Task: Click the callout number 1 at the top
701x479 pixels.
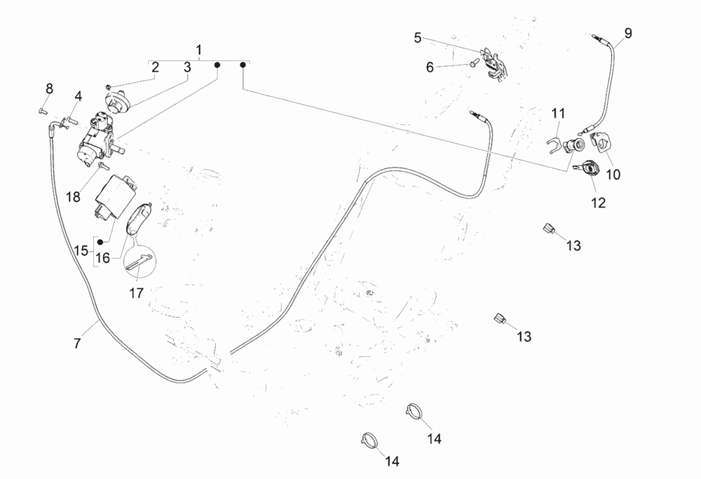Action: coord(199,50)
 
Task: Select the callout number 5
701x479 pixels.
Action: coord(418,38)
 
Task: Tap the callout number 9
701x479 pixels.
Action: coord(627,33)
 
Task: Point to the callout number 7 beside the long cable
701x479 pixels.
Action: coord(78,344)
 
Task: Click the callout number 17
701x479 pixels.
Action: coord(137,293)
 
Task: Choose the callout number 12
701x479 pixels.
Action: coord(597,203)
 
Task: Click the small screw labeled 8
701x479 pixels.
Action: coord(43,109)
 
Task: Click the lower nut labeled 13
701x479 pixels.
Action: coord(501,320)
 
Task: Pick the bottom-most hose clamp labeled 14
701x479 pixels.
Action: coord(370,440)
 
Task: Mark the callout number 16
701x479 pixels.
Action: coord(102,258)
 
